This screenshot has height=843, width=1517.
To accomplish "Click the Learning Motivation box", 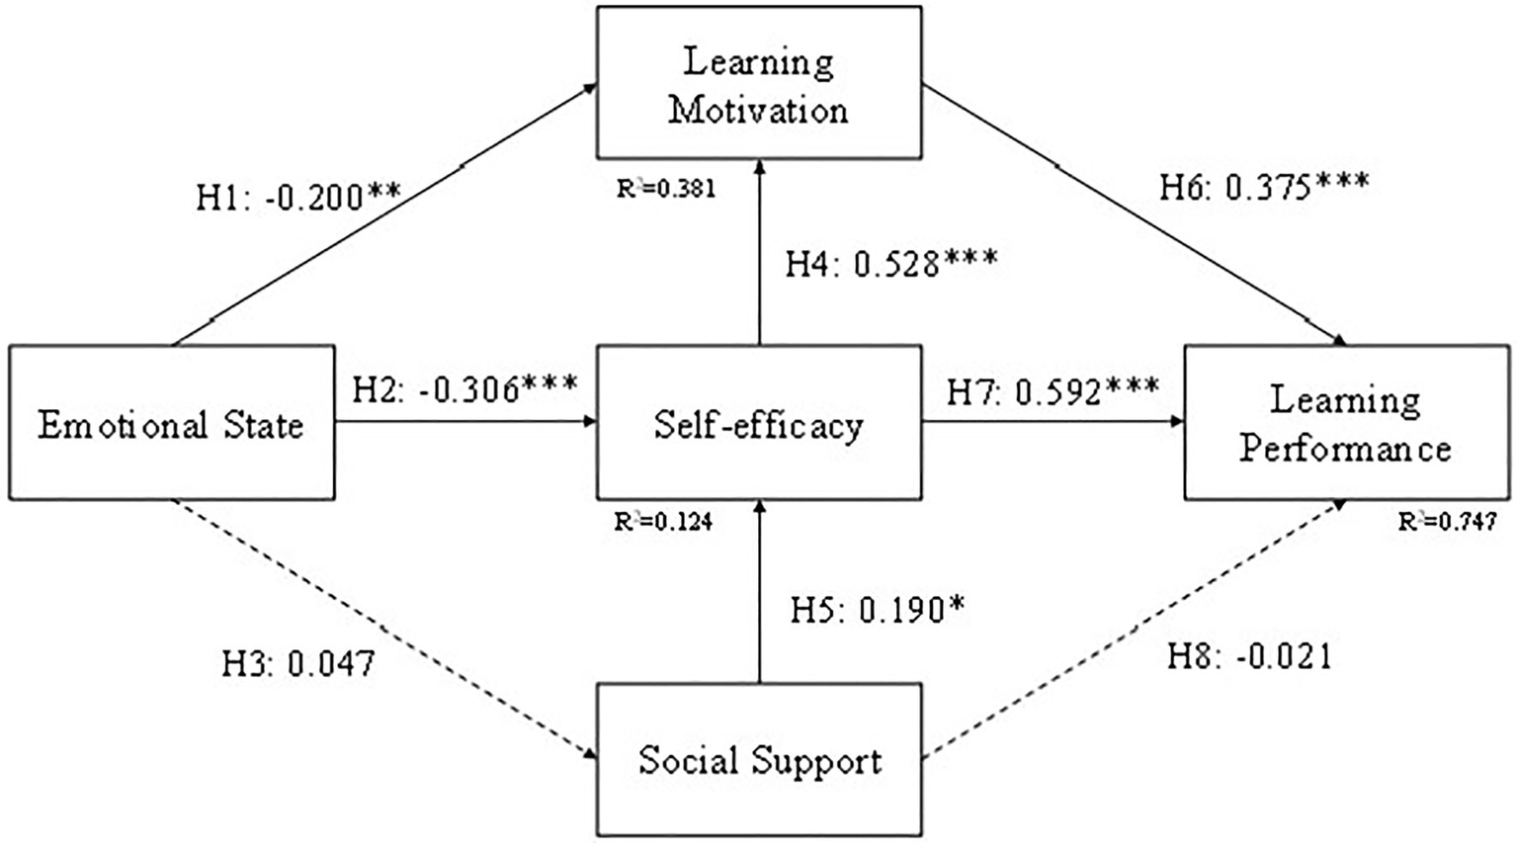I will [x=758, y=83].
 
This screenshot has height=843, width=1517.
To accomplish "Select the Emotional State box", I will [x=171, y=423].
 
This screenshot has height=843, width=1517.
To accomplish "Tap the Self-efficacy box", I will [x=758, y=423].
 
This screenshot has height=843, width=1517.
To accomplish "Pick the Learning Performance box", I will [x=1346, y=423].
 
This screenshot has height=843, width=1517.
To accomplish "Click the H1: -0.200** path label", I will [x=298, y=197].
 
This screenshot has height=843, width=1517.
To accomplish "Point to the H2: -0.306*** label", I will [x=464, y=388].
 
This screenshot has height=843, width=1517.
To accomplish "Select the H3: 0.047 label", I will [x=298, y=663].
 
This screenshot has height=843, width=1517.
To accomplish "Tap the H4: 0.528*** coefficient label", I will [x=891, y=263].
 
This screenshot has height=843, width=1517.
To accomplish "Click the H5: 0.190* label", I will [x=877, y=611].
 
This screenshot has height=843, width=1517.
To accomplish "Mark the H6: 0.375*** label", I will [x=1264, y=187].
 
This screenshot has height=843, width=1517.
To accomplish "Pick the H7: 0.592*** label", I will [x=1053, y=391].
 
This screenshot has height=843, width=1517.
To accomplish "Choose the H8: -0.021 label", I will [x=1249, y=656].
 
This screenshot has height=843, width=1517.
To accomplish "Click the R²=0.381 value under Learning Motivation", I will [x=666, y=188].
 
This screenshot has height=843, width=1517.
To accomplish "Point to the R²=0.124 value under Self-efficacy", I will [x=663, y=521].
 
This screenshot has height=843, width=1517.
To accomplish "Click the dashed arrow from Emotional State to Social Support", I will [x=385, y=630].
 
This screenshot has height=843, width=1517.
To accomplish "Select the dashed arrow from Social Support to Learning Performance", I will [x=1137, y=630].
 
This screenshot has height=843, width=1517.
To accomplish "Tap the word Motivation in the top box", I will [x=758, y=109].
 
